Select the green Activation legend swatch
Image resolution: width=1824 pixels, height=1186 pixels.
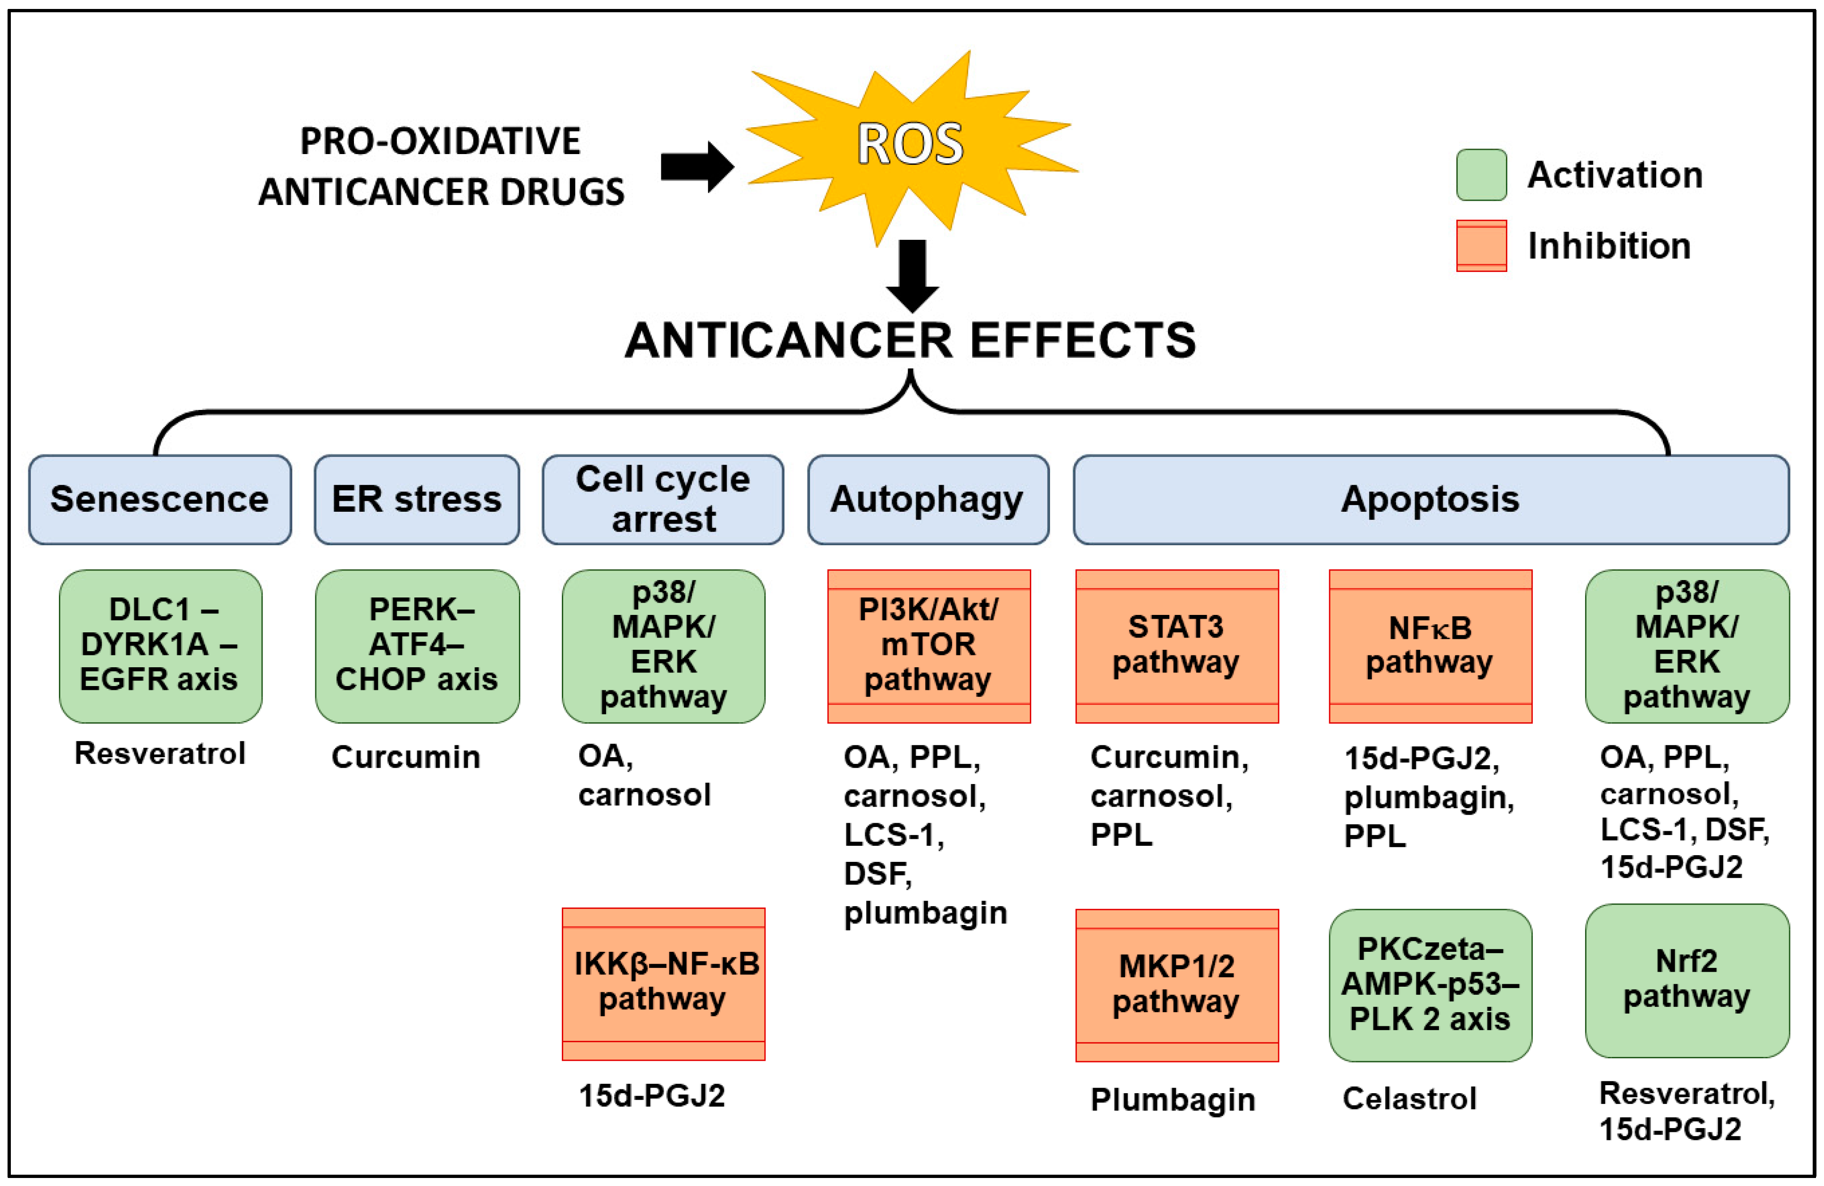tap(1481, 175)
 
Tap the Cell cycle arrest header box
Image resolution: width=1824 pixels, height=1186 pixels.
tap(663, 499)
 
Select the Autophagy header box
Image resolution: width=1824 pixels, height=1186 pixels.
tap(928, 499)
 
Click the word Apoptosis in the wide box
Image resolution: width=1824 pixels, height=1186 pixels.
tap(1430, 499)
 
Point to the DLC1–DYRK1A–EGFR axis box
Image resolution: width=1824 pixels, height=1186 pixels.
tap(160, 646)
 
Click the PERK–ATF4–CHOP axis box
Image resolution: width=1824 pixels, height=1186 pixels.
tap(417, 646)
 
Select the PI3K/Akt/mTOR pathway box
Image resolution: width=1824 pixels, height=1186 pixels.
tap(928, 646)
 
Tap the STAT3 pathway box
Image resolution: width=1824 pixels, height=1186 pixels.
tap(1176, 646)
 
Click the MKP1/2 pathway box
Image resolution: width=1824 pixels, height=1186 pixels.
tap(1176, 985)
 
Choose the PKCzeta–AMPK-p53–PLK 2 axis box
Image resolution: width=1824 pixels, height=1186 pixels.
tap(1430, 985)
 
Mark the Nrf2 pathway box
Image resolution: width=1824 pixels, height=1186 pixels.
tap(1687, 981)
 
